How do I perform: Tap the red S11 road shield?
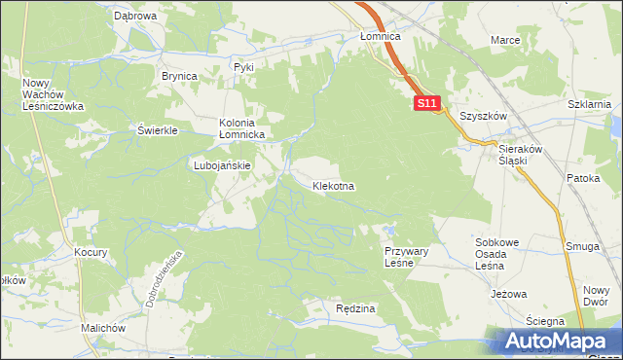427,102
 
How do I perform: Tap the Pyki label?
243,67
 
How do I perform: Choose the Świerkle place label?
157,130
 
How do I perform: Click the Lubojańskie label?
223,165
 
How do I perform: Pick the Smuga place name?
582,247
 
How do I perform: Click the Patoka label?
583,179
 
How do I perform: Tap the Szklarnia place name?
588,103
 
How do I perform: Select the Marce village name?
505,40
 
